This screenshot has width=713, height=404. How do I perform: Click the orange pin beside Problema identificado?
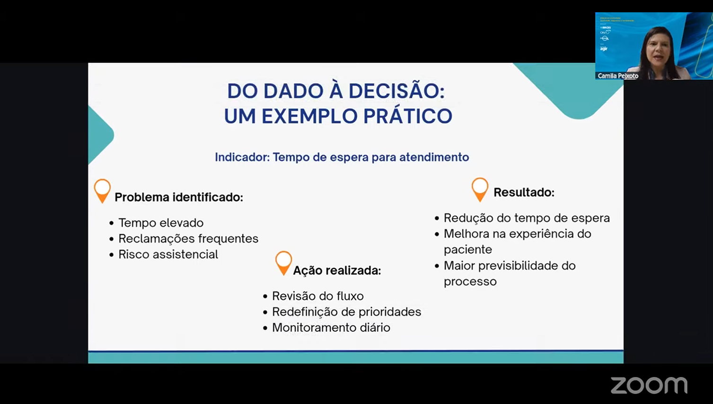click(102, 190)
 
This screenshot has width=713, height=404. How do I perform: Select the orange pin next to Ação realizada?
click(283, 263)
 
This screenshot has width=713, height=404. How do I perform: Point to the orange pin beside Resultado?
click(480, 189)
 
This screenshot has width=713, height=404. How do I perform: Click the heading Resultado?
click(524, 193)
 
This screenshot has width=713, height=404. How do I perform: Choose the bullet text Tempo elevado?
click(161, 223)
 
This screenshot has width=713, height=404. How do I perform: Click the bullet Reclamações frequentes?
click(188, 238)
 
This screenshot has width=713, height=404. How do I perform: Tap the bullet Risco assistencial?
click(168, 255)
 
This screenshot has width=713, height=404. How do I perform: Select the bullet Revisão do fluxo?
click(317, 296)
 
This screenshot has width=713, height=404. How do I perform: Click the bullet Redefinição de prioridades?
click(346, 312)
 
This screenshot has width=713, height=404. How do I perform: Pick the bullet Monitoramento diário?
click(331, 327)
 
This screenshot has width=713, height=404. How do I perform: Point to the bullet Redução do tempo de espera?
click(527, 218)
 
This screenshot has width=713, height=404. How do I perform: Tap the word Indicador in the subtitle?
click(241, 157)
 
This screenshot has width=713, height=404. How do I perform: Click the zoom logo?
click(649, 385)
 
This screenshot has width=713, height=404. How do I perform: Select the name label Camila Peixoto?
click(617, 76)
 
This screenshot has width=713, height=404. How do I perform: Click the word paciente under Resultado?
click(467, 250)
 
